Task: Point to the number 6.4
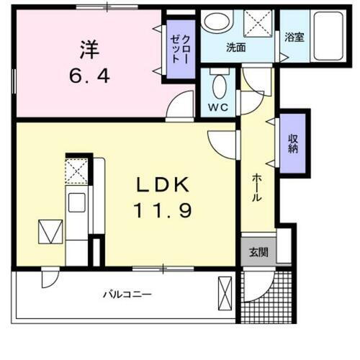click(x=89, y=74)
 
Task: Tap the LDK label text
click(x=163, y=185)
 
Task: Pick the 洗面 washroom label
click(x=236, y=48)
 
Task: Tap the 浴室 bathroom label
click(x=294, y=36)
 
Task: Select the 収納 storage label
click(x=294, y=143)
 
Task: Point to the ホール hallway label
click(x=256, y=189)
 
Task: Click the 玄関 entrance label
click(x=258, y=252)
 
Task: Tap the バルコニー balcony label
click(x=126, y=294)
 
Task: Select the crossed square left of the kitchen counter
click(x=50, y=232)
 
